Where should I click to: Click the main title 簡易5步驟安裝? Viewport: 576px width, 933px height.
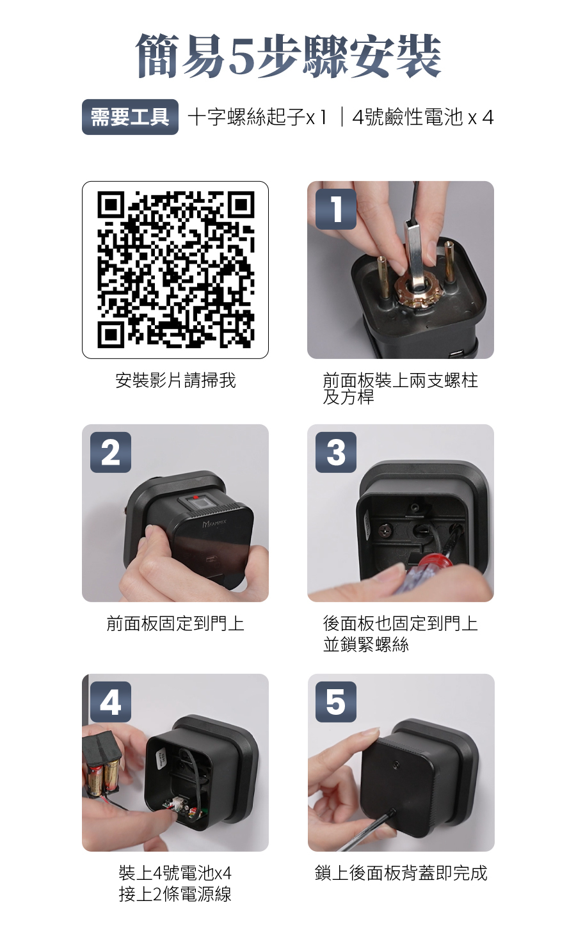(288, 56)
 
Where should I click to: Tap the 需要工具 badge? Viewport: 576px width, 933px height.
(130, 117)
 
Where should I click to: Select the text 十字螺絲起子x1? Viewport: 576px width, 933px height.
(257, 117)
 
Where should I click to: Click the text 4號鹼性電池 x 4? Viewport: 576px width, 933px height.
(423, 117)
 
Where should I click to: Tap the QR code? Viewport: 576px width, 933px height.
(175, 269)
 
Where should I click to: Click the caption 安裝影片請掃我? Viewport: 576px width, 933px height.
(175, 380)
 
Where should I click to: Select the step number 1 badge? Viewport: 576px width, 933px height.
(336, 209)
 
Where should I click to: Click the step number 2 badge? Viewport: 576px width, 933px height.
(110, 452)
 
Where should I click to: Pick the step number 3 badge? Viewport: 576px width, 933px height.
(336, 452)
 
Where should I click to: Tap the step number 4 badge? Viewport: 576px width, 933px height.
(110, 702)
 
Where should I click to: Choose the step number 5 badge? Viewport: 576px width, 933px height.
(336, 702)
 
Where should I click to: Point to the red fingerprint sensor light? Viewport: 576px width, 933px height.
(195, 498)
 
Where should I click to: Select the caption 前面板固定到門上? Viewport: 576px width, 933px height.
(175, 624)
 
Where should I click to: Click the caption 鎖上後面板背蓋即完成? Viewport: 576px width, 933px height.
(401, 873)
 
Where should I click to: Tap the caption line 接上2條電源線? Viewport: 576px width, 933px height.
(175, 894)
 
